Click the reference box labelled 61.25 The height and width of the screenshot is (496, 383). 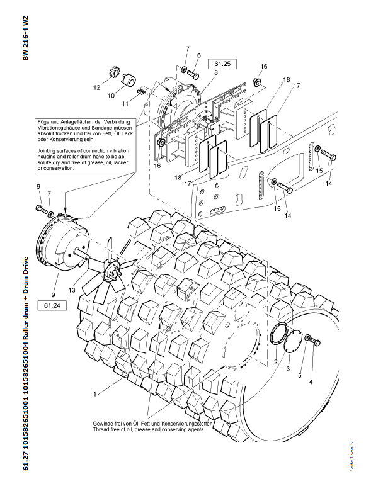click(224, 64)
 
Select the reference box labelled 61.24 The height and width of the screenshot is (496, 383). click(52, 306)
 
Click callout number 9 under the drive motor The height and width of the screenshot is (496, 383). click(53, 293)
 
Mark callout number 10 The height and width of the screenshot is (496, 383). click(111, 96)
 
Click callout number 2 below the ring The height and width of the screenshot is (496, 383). click(276, 362)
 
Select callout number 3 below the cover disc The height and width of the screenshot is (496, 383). click(288, 368)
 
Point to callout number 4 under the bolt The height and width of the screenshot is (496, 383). click(311, 381)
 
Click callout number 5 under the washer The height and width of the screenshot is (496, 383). click(300, 375)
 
